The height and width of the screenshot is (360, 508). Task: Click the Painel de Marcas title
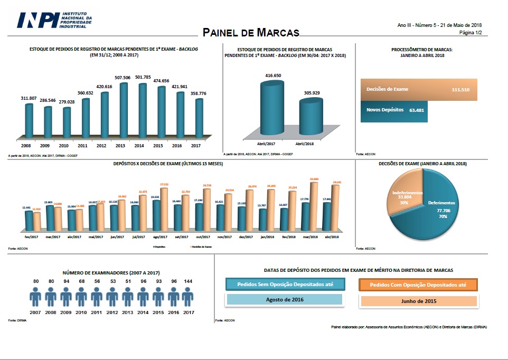(251, 33)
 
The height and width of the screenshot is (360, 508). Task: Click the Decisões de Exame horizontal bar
(418, 90)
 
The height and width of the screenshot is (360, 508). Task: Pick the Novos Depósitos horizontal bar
(393, 111)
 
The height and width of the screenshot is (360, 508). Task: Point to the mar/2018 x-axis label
(310, 237)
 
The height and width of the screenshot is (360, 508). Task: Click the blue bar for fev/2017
(27, 221)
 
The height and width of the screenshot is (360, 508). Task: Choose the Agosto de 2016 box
(284, 300)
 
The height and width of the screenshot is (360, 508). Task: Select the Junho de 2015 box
(419, 301)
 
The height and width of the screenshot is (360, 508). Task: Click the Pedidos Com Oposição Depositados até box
(419, 285)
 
